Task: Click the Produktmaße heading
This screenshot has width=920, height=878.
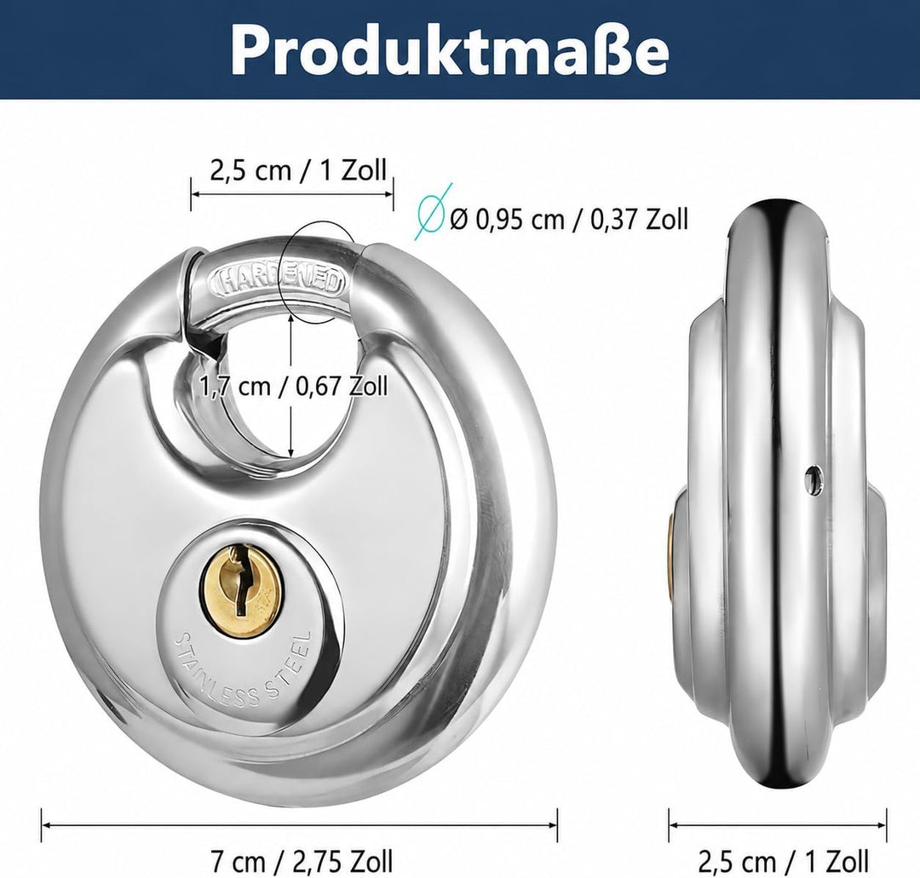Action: click(x=450, y=50)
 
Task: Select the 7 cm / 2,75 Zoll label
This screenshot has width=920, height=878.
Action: click(x=301, y=861)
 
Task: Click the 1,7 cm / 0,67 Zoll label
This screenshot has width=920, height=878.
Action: click(x=293, y=386)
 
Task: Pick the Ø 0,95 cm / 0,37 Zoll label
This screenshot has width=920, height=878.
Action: click(x=568, y=220)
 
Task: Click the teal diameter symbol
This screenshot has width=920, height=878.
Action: click(x=434, y=212)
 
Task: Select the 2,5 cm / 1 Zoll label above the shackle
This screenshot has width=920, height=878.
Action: click(x=298, y=170)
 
